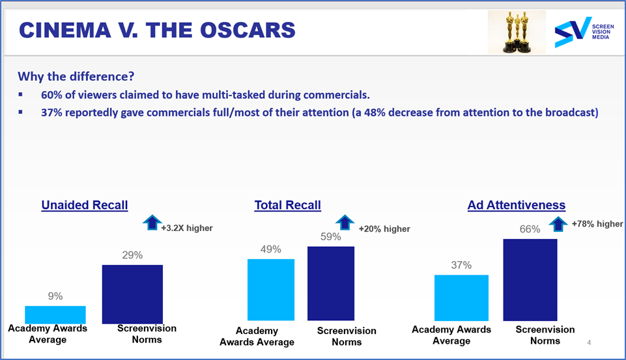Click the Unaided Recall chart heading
(x=85, y=205)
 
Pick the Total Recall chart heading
(x=287, y=205)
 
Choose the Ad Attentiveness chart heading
(x=517, y=205)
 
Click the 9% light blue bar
(x=55, y=314)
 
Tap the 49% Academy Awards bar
(x=270, y=290)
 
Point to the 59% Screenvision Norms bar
(x=330, y=284)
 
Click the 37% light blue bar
(x=461, y=298)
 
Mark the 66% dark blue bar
(x=530, y=280)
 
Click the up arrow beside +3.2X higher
(x=152, y=223)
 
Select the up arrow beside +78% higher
(x=558, y=223)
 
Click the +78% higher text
(x=597, y=224)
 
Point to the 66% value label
(x=530, y=229)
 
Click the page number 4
(x=589, y=342)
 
